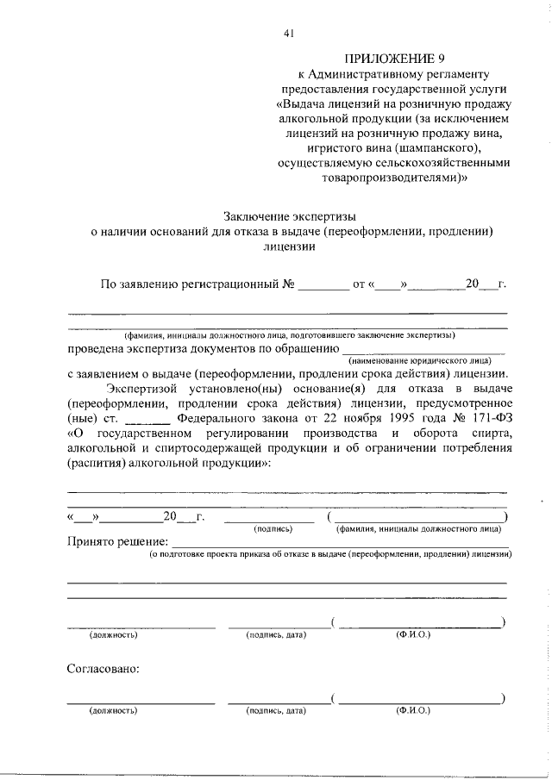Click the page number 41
coord(289,34)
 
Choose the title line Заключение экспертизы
coord(289,216)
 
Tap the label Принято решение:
coord(116,541)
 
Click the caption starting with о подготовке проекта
coord(331,556)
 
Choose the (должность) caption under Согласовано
coord(114,712)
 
